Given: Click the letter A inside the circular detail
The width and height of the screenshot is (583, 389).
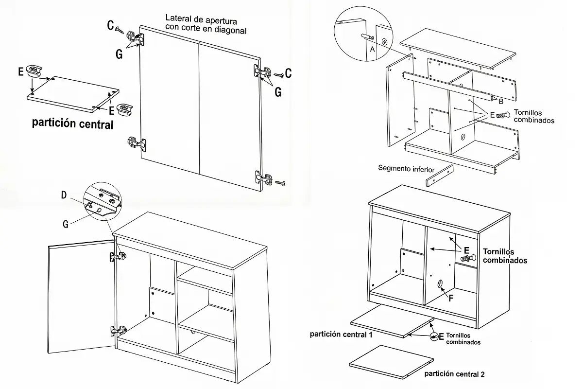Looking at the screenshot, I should click(372, 49).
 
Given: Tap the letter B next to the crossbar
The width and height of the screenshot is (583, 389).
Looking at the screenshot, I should click(500, 101).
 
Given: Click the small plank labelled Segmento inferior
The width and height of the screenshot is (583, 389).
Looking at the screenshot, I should click(439, 176).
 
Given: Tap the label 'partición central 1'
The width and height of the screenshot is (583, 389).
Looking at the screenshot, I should click(341, 335).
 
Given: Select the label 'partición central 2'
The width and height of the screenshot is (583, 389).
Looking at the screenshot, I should click(454, 374).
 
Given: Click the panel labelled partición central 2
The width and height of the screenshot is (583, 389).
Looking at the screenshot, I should click(391, 359).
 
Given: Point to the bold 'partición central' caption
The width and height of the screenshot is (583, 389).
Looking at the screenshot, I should click(72, 124).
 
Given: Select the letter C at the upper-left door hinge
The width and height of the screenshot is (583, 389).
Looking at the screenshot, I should click(111, 25).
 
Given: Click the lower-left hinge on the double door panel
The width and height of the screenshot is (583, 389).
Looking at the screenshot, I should click(137, 143).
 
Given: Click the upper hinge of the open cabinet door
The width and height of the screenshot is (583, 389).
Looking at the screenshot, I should click(118, 256).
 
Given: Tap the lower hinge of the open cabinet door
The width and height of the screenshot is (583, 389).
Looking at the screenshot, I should click(118, 331).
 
